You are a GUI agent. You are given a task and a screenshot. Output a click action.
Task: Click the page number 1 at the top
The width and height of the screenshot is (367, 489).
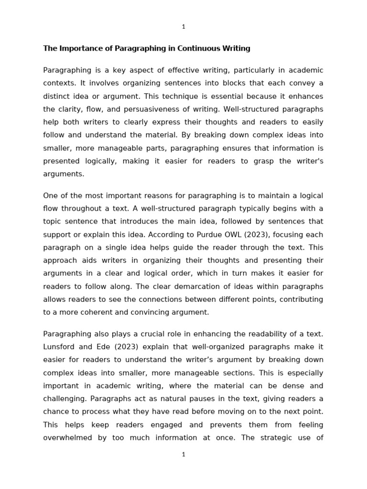183,27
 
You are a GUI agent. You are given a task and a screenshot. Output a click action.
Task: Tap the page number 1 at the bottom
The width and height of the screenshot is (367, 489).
183,455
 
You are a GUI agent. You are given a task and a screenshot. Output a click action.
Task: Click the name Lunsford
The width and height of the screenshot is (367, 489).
60,347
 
